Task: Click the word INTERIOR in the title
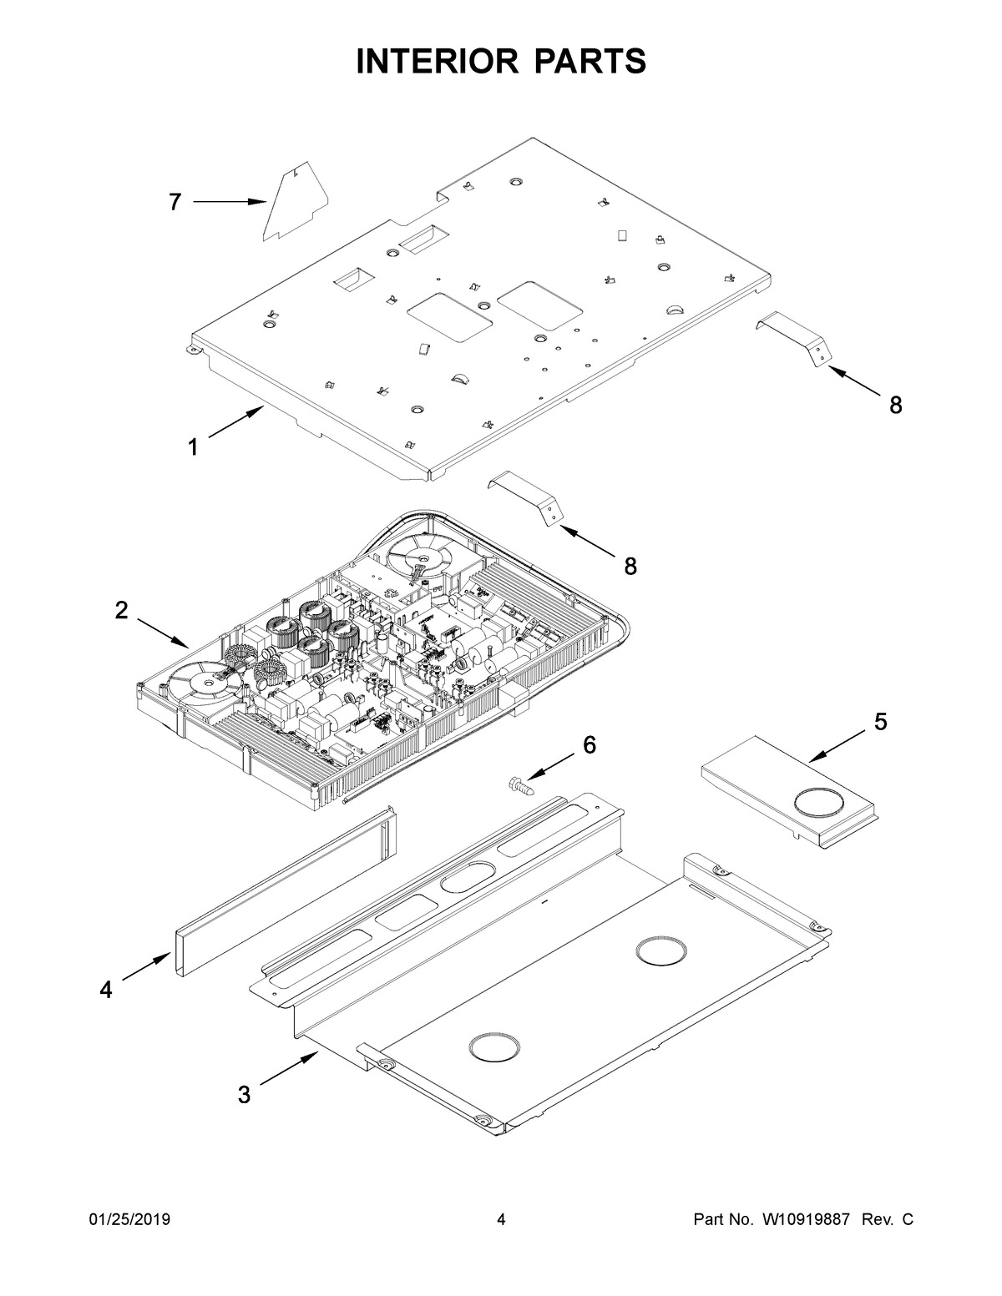(433, 62)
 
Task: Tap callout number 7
(175, 202)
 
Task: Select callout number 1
(193, 447)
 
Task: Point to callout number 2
(122, 610)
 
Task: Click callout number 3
(244, 1094)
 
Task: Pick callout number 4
(105, 989)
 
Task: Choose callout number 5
(881, 722)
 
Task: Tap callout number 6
(590, 745)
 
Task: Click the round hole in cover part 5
(819, 802)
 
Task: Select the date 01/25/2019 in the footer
(129, 1220)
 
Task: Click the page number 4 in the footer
(501, 1220)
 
